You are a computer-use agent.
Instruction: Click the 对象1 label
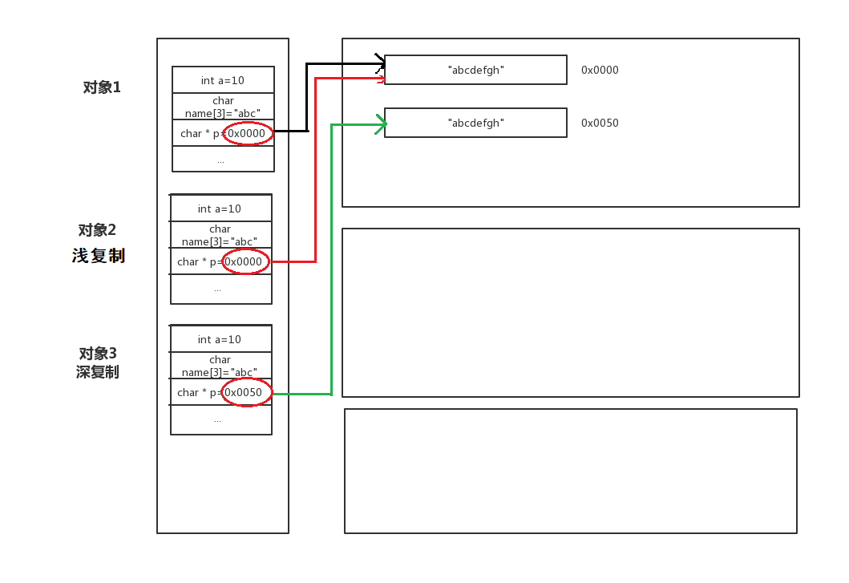(102, 87)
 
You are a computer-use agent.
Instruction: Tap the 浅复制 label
(99, 256)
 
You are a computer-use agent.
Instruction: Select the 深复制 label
(98, 372)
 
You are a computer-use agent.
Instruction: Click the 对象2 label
(98, 230)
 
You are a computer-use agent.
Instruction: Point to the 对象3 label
(98, 354)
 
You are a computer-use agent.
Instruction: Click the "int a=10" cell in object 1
(223, 80)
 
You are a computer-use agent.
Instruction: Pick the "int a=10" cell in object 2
(220, 209)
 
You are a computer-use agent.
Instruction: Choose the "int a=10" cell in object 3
(220, 339)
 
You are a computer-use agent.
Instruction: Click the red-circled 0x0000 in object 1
(248, 133)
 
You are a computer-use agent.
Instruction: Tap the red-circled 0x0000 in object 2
(245, 261)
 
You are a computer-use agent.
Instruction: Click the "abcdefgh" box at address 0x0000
(475, 70)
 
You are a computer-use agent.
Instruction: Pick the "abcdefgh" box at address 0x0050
(475, 123)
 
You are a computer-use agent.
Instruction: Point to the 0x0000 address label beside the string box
(600, 70)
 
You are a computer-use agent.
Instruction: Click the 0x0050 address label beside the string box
(600, 123)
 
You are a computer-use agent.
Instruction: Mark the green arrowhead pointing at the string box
(382, 123)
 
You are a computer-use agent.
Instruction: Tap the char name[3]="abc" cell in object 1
(223, 107)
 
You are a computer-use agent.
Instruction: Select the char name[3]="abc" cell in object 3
(220, 366)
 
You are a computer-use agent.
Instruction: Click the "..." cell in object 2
(218, 289)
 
